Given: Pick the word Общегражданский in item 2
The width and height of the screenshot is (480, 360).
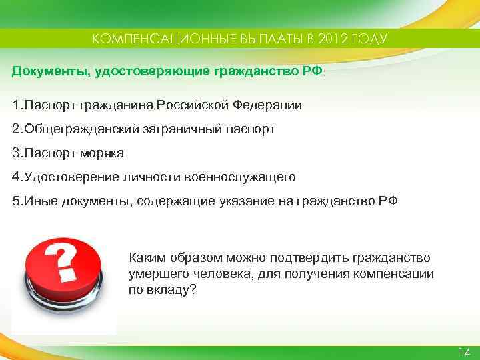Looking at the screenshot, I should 81,129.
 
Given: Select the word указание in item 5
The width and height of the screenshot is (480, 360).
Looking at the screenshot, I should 246,201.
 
